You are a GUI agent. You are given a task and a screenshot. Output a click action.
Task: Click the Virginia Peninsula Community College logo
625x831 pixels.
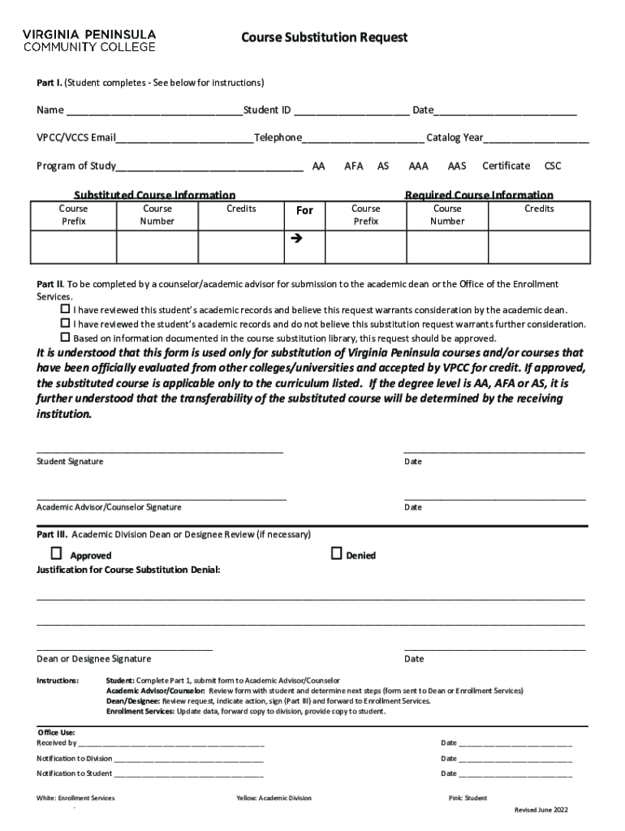point(88,41)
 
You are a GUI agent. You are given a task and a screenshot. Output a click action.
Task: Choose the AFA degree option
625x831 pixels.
point(353,166)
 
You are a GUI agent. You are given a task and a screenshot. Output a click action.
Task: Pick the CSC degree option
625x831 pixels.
point(553,166)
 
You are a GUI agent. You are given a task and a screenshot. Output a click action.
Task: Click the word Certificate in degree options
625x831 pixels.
point(506,166)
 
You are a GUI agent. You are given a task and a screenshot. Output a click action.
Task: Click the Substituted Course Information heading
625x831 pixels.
point(155,195)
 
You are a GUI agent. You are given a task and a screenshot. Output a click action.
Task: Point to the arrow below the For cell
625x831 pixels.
point(295,239)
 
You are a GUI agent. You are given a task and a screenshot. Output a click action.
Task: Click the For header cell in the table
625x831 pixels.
point(304,211)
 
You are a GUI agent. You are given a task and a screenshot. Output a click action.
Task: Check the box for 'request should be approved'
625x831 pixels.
point(65,337)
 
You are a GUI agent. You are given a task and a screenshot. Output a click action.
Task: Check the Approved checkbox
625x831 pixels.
point(56,554)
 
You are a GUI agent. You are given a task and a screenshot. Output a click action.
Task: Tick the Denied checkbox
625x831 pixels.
point(336,554)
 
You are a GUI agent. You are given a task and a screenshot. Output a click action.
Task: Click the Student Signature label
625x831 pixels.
point(70,462)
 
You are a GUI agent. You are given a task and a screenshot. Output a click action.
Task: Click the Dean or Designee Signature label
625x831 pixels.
point(93,659)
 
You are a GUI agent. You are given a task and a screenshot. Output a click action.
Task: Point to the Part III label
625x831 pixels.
point(52,535)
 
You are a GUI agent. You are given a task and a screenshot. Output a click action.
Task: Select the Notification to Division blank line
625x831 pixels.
point(189,759)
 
